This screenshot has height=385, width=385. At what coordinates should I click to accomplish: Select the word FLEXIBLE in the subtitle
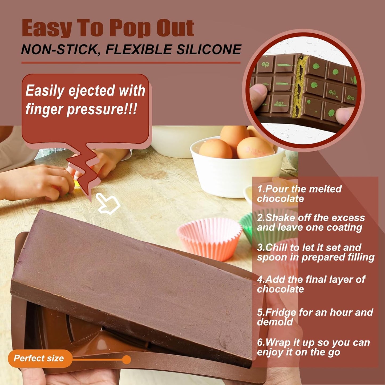[x=139, y=50]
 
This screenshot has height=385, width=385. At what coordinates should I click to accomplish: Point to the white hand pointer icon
[x=108, y=204]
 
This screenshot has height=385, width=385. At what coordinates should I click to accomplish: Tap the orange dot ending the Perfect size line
[x=127, y=360]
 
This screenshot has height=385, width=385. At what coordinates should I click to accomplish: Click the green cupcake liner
[x=246, y=226]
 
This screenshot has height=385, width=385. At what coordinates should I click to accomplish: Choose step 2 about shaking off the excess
[x=310, y=222]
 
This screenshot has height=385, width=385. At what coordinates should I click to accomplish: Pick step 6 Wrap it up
[x=313, y=347]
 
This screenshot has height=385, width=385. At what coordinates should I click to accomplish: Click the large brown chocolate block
[x=133, y=280]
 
